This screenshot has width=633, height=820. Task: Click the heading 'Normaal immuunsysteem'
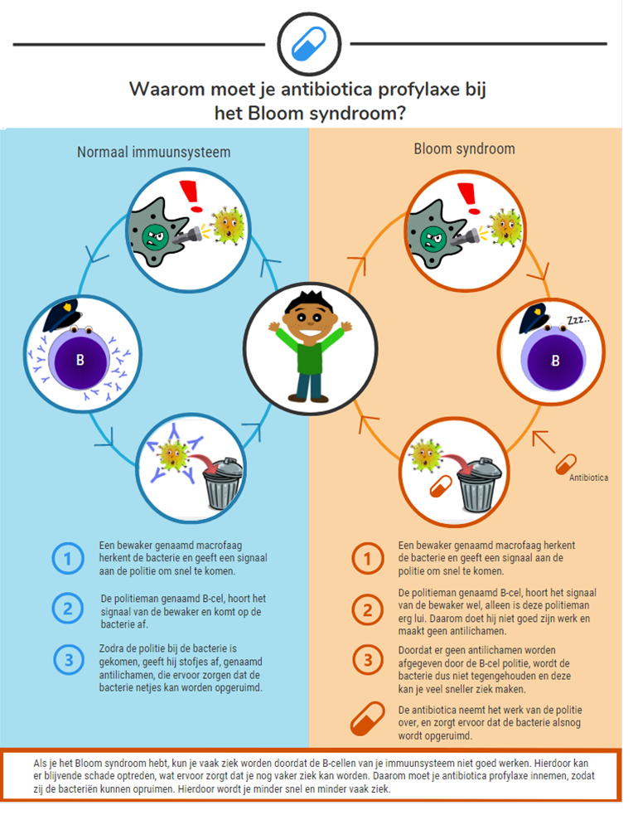click(154, 152)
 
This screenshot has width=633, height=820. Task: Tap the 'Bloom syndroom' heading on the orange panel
click(464, 149)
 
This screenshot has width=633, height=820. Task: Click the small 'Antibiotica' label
click(588, 478)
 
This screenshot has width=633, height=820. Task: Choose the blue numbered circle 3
click(68, 661)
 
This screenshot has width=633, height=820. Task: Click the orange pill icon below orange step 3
click(367, 719)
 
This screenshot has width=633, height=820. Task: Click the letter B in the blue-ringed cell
click(80, 361)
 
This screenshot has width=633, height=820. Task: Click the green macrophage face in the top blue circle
click(154, 235)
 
